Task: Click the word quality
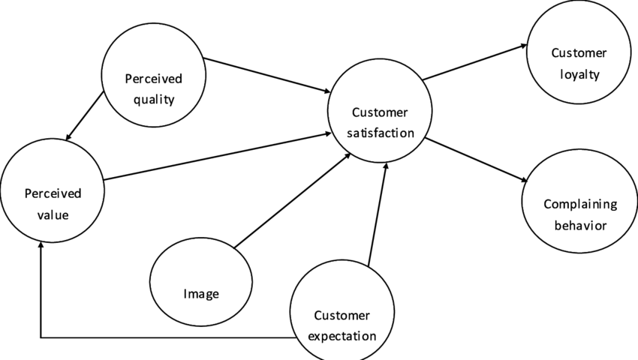coord(153,99)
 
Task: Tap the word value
coord(53,214)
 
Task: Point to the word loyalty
coord(579,74)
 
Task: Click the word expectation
coord(342,336)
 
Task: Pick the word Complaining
coord(579,204)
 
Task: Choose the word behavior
coord(579,225)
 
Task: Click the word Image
coord(201,294)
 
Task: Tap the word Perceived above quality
coord(154,79)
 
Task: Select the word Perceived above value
coord(53,193)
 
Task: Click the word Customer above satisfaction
coord(380,112)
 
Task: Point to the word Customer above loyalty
coord(579,53)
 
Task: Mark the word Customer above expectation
coord(342,315)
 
